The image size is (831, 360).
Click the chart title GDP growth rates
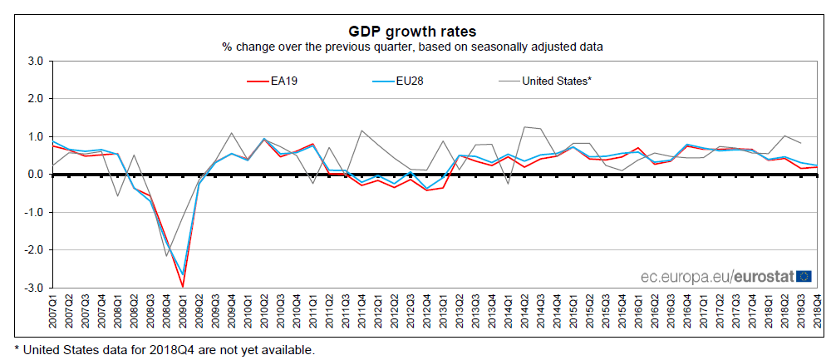412,31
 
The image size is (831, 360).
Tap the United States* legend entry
556,81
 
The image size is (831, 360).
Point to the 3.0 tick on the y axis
35,61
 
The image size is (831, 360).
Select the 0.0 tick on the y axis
35,175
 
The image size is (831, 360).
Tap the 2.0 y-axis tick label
35,99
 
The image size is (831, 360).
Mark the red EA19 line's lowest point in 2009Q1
183,287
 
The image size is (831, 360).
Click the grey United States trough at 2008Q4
166,256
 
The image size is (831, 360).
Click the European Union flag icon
804,276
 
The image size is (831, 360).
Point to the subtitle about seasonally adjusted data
412,47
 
